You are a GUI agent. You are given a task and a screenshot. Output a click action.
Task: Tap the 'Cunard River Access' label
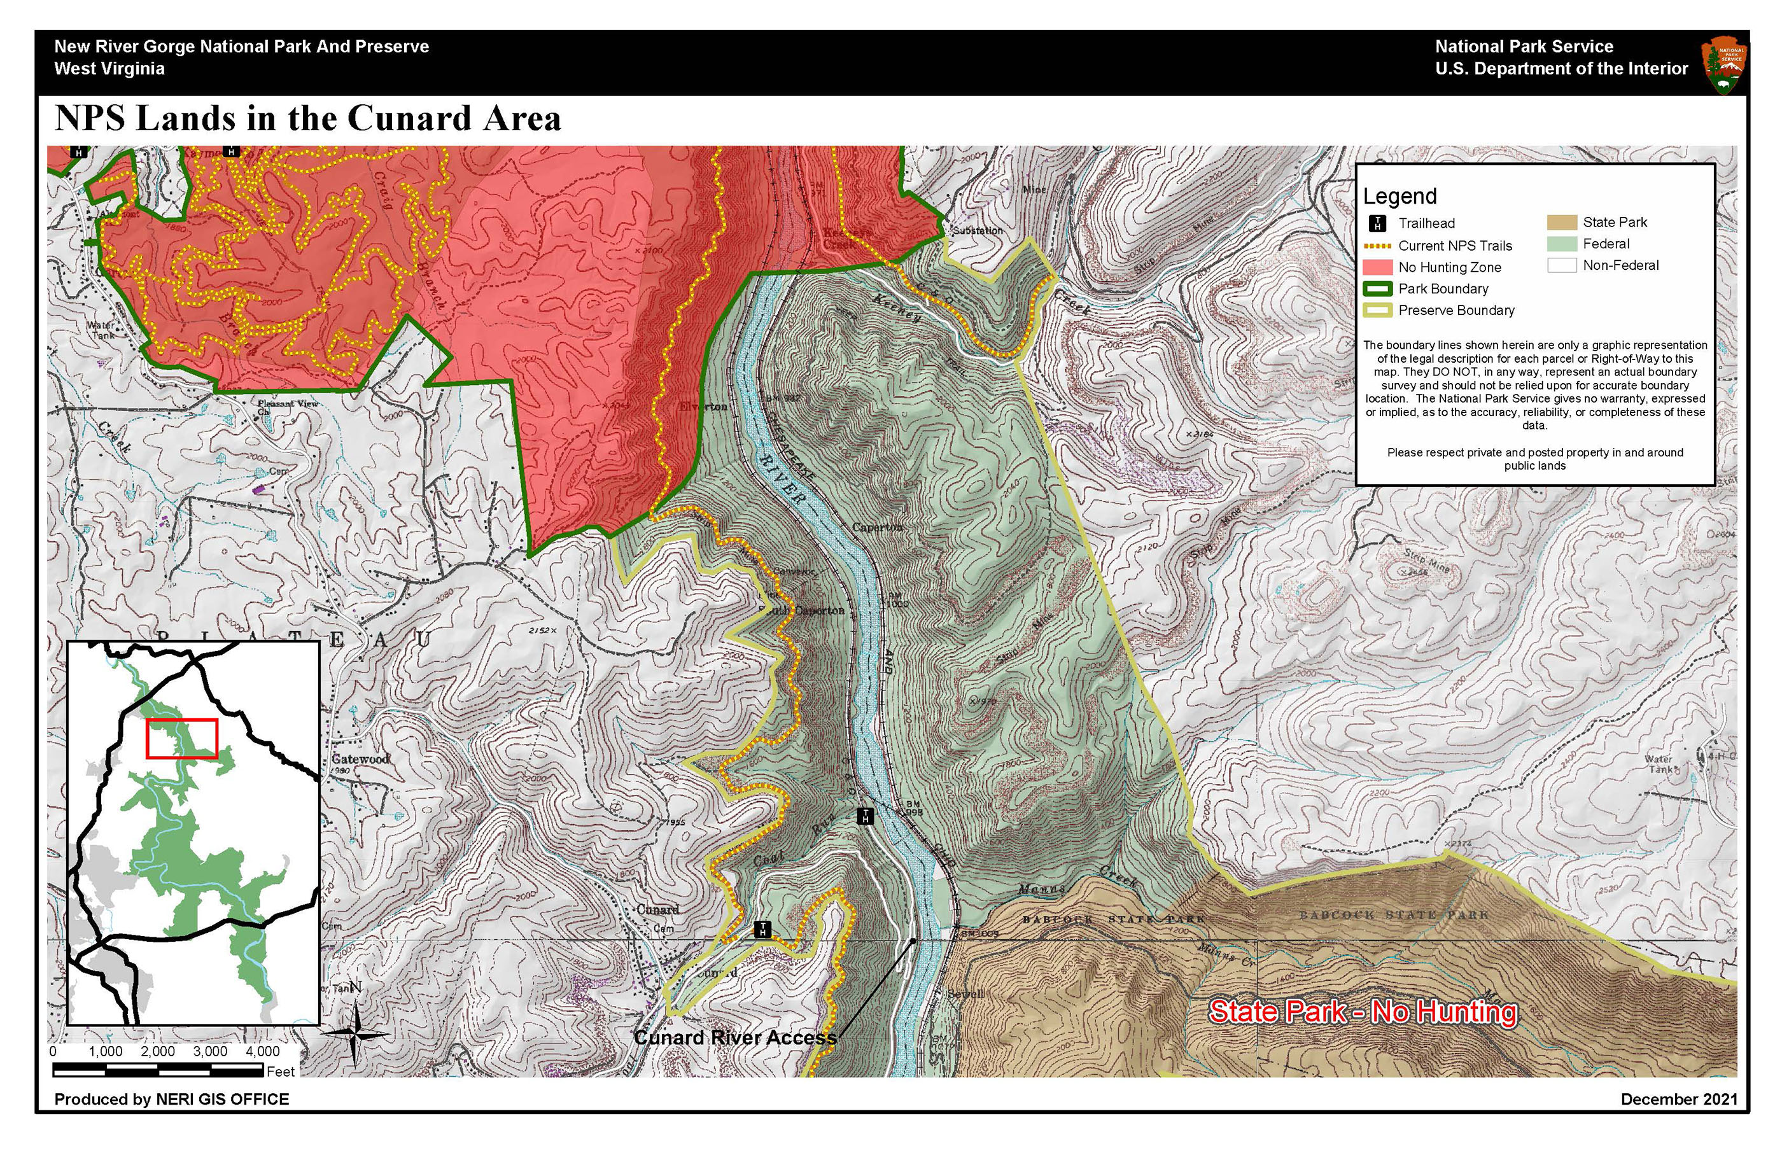[734, 1038]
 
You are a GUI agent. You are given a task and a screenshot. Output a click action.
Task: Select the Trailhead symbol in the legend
[1378, 223]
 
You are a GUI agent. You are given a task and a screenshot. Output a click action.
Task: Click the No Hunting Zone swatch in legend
[1378, 267]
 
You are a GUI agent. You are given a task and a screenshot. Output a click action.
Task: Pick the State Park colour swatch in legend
[1562, 222]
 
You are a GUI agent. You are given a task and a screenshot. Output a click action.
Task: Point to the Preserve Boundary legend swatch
[1378, 310]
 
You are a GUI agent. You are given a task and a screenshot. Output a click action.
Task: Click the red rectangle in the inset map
[182, 738]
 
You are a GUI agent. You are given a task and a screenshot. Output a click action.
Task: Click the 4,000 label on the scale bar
[262, 1051]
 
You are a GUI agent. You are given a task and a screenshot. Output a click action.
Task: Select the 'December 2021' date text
[1679, 1099]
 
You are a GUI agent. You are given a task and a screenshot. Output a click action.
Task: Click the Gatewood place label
[360, 759]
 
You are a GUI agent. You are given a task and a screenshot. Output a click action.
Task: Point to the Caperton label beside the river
[877, 527]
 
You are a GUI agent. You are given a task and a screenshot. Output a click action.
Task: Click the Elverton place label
[703, 407]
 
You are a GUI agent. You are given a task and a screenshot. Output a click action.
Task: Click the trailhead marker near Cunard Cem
[762, 930]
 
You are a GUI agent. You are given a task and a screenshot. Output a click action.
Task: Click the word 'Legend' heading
[1400, 196]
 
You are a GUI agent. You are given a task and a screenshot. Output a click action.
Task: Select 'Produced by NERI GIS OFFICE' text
[171, 1099]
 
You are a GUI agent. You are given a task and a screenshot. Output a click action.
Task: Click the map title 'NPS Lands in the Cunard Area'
[308, 119]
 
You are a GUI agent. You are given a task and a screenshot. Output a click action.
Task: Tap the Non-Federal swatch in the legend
[1562, 265]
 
